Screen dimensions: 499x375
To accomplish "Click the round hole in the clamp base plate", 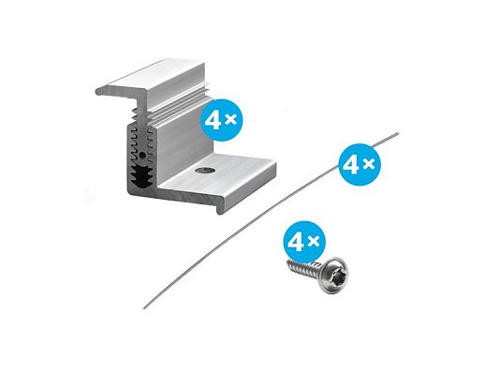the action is click(x=205, y=170).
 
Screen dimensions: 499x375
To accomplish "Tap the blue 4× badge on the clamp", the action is click(x=222, y=120).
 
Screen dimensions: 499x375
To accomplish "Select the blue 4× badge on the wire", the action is click(x=360, y=165).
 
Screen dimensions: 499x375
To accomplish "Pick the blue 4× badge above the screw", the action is click(x=304, y=242).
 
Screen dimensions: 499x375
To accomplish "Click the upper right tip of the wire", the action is click(x=398, y=133).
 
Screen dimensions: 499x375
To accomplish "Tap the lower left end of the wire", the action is click(x=144, y=307).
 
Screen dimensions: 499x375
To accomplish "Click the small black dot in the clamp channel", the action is click(x=142, y=156).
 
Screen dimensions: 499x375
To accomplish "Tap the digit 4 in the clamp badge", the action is click(x=212, y=120).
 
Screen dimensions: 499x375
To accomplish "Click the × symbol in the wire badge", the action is click(x=370, y=164).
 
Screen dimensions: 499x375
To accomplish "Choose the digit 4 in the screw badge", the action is click(x=295, y=243).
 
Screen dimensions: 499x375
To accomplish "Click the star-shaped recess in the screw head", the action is click(x=335, y=276).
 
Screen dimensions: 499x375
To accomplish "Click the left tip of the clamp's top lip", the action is click(x=97, y=92).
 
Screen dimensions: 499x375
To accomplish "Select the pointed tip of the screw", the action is click(x=287, y=265).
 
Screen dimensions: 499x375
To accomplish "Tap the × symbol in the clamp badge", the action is click(x=230, y=119).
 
